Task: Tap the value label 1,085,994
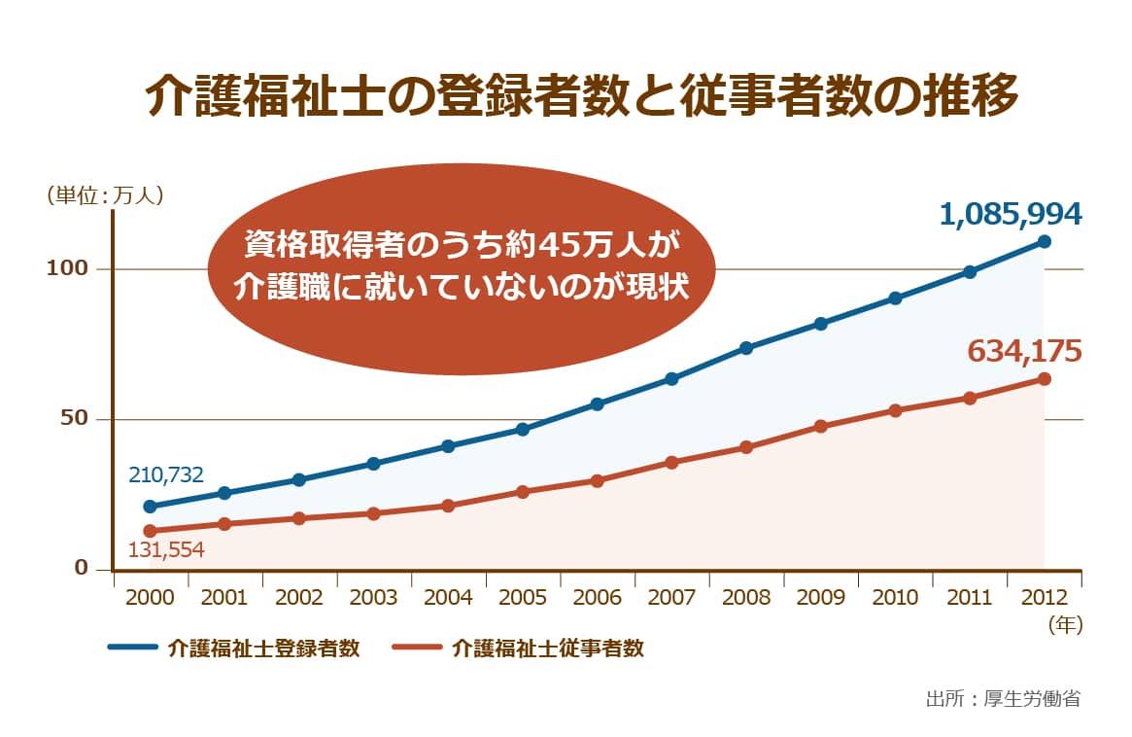(1011, 215)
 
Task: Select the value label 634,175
(1024, 351)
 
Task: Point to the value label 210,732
(165, 474)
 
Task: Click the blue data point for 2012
(1045, 241)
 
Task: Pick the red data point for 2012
(1045, 379)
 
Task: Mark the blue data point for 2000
(150, 507)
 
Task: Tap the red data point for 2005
(523, 492)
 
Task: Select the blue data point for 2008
(746, 348)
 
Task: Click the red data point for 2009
(821, 426)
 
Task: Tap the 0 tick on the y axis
(82, 569)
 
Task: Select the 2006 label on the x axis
(597, 598)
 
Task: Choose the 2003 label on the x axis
(373, 598)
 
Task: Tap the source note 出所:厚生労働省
(1003, 698)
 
